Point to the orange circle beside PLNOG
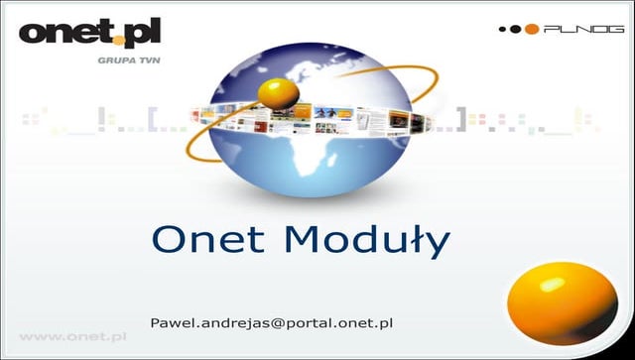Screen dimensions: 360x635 coord(532,30)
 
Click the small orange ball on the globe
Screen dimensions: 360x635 coord(279,94)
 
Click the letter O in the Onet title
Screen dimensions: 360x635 coord(167,240)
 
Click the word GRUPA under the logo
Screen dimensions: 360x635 coord(108,60)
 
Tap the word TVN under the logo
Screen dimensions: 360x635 coord(143,60)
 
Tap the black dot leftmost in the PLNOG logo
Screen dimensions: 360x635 coord(503,30)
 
